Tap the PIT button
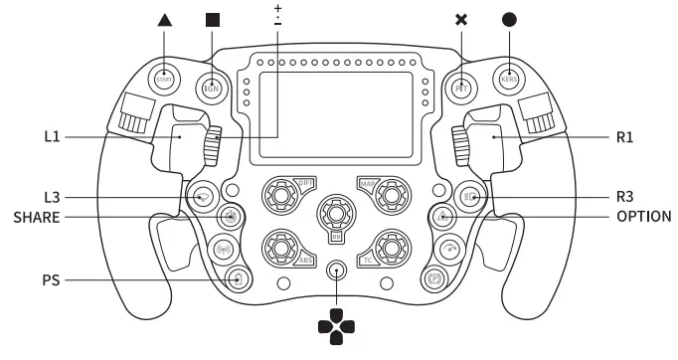point(460,87)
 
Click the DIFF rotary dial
point(281,196)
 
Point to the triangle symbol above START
point(164,19)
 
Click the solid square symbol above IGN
point(212,19)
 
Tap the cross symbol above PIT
point(460,19)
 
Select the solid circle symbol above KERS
point(509,19)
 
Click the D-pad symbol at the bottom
point(336,323)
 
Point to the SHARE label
point(37,216)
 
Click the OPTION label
point(643,216)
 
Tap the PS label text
point(51,280)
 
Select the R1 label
point(624,137)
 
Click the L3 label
point(53,197)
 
